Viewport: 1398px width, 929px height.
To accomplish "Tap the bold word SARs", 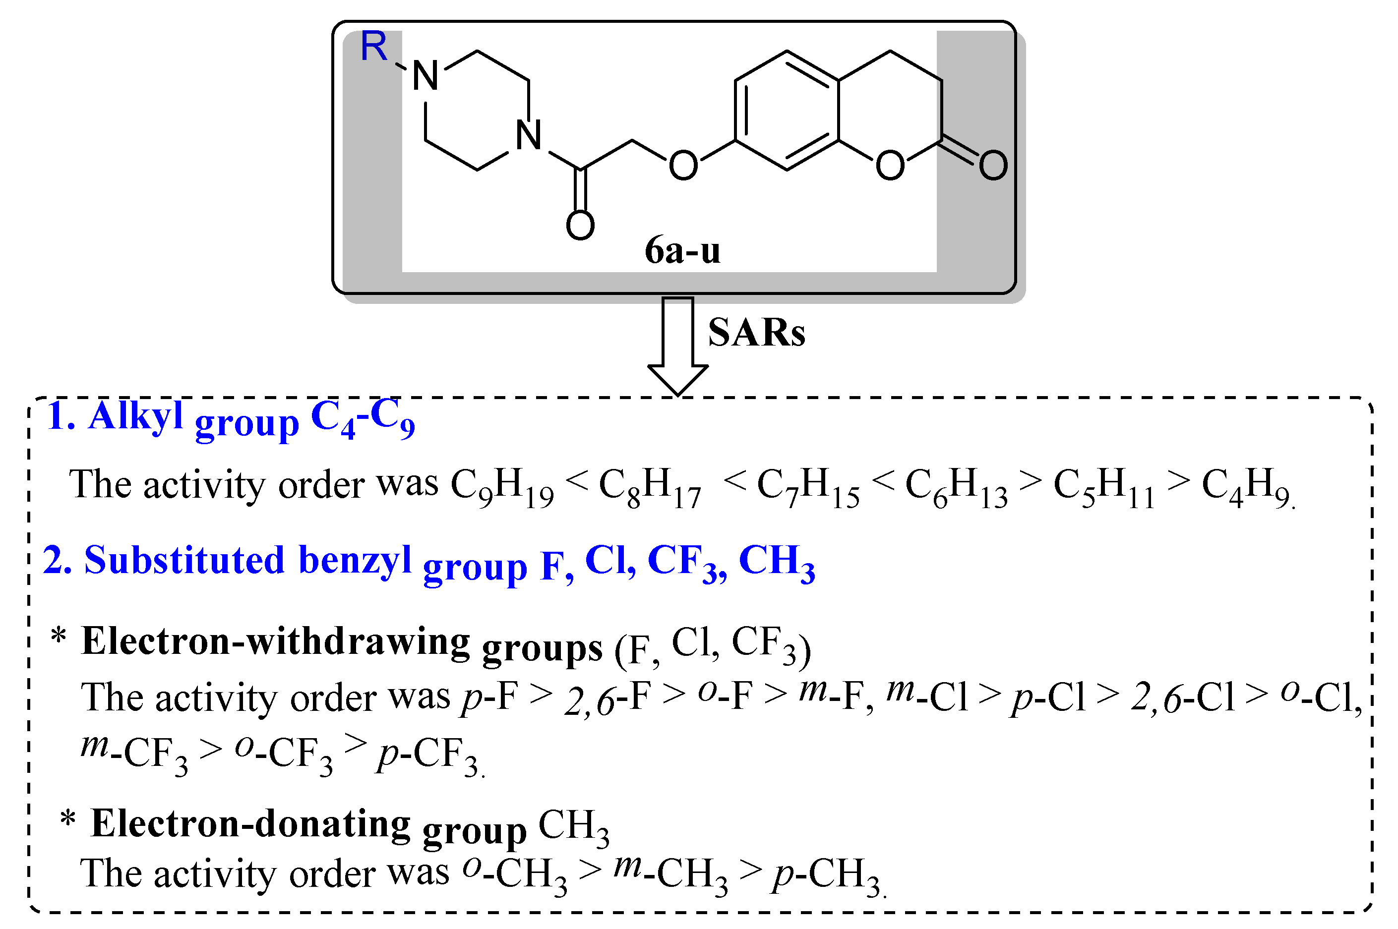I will tap(756, 332).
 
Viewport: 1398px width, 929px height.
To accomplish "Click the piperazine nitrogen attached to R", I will tap(425, 76).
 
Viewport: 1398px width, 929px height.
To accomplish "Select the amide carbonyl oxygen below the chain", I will tap(580, 225).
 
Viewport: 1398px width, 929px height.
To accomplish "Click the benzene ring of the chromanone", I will tap(787, 111).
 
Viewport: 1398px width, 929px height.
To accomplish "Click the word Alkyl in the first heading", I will tap(136, 416).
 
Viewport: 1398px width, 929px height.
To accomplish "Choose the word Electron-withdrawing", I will tap(276, 641).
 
